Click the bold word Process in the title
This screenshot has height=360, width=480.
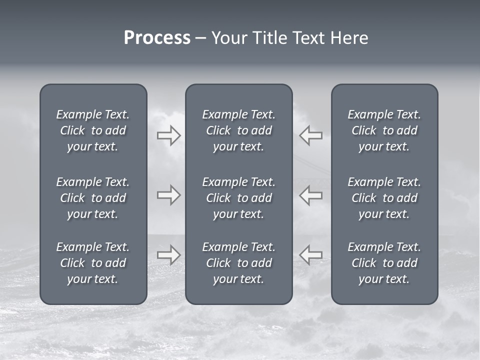click(x=157, y=38)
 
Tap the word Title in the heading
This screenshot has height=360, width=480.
click(x=269, y=38)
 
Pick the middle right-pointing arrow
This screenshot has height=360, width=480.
click(x=168, y=195)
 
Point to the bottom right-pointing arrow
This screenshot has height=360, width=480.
click(x=168, y=254)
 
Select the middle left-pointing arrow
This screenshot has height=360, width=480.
click(x=310, y=195)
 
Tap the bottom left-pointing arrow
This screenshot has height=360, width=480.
click(x=310, y=254)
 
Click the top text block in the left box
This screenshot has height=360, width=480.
click(x=93, y=130)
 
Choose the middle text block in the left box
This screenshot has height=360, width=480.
click(x=93, y=198)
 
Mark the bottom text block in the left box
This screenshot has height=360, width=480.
click(x=93, y=263)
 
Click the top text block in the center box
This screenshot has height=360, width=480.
click(x=239, y=130)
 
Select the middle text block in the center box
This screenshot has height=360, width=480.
click(x=239, y=198)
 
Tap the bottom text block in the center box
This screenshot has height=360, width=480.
click(x=239, y=263)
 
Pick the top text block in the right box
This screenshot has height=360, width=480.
click(x=384, y=130)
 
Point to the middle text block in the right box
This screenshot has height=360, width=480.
click(x=384, y=198)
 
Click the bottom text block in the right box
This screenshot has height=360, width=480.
click(x=384, y=263)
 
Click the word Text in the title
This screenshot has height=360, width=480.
click(x=308, y=38)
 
